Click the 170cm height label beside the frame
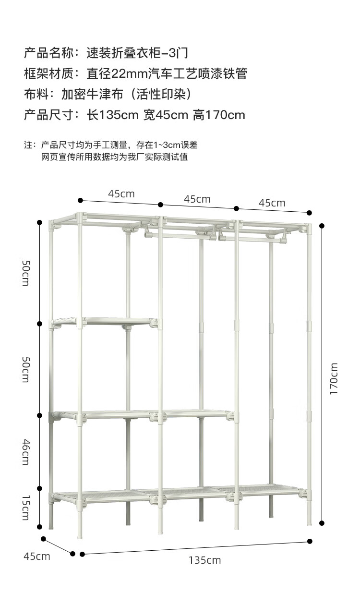[334, 379]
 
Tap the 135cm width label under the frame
[205, 560]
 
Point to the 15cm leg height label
[25, 508]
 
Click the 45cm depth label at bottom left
[37, 557]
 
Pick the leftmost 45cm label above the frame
[121, 194]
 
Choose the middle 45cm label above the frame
[197, 199]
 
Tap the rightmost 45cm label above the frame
[272, 203]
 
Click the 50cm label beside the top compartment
[25, 273]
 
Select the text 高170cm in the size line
[219, 115]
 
